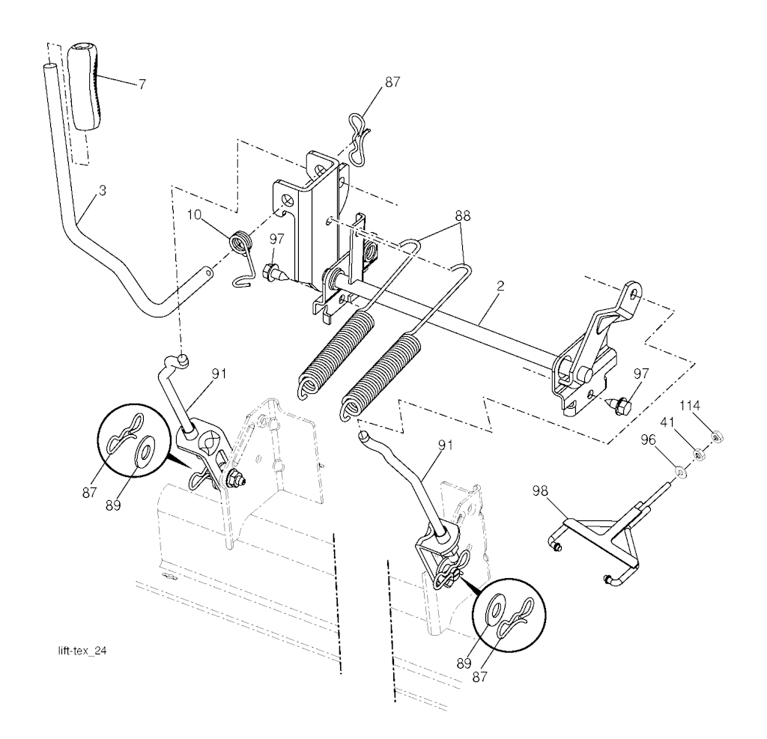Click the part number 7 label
(x=142, y=84)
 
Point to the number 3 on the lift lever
(x=102, y=191)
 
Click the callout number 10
(x=195, y=215)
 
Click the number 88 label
(x=462, y=215)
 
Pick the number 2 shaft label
(x=500, y=286)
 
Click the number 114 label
(x=690, y=406)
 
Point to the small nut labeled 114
(x=716, y=437)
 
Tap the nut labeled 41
(x=699, y=455)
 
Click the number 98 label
(x=540, y=490)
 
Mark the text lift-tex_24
(x=82, y=651)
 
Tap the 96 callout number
(x=648, y=440)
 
